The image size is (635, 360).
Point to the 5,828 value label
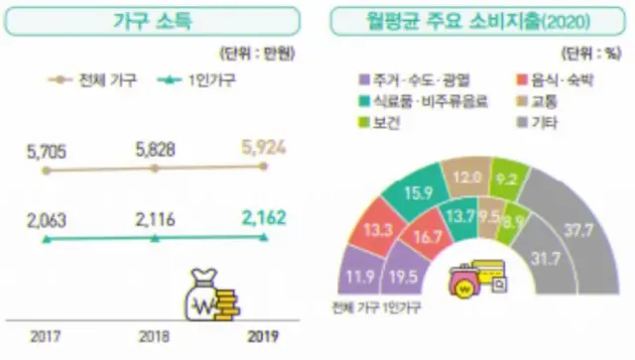click(155, 149)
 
